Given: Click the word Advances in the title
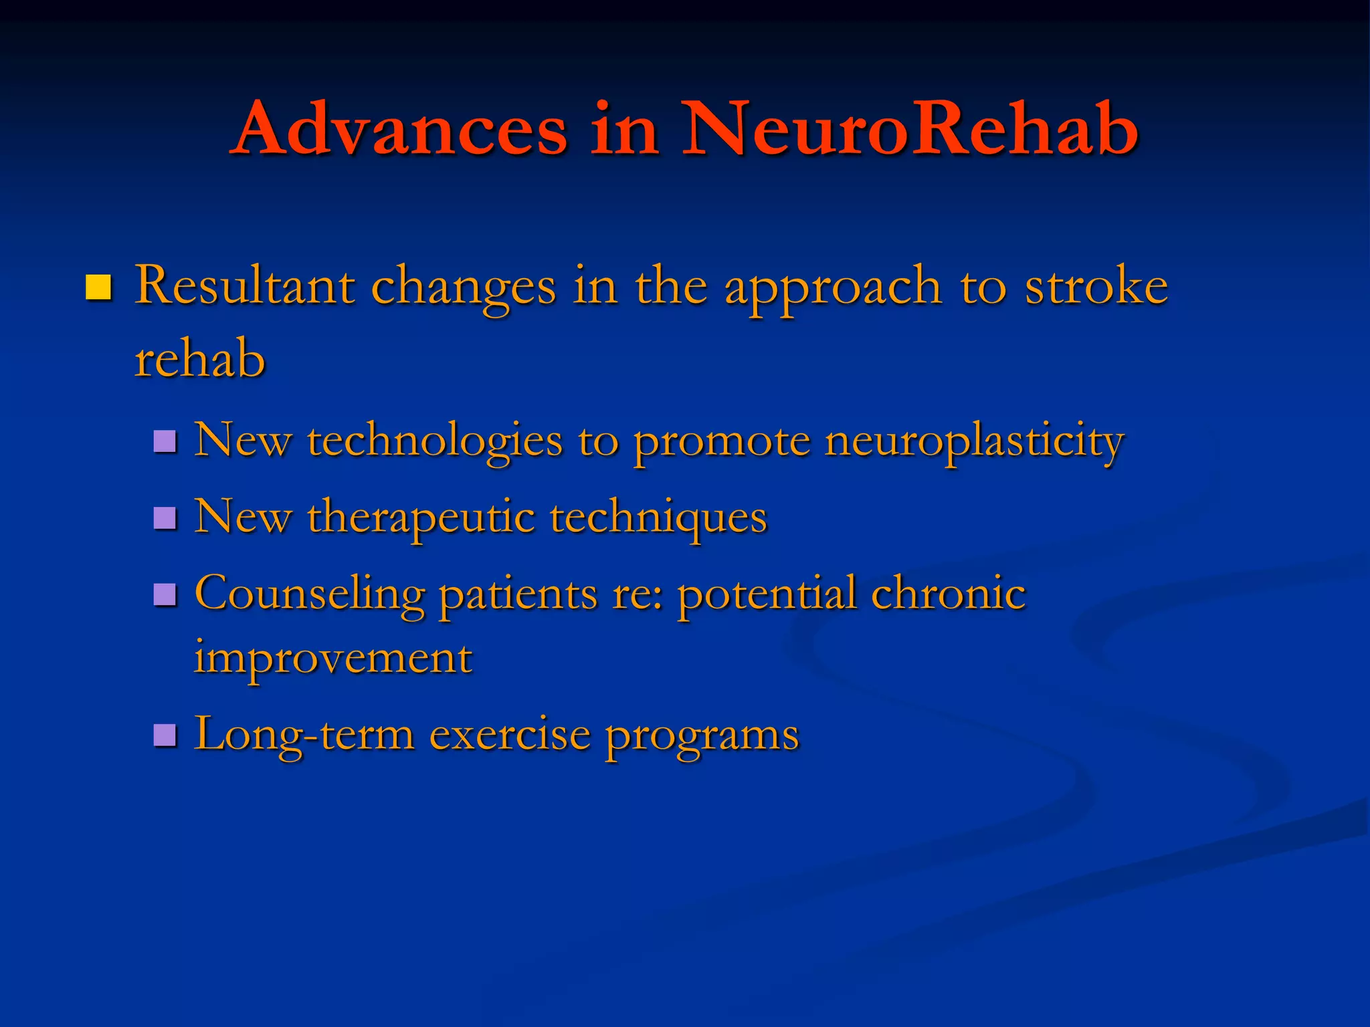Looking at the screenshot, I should tap(401, 128).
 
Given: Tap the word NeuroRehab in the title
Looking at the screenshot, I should tap(910, 128).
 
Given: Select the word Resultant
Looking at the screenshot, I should tap(244, 286).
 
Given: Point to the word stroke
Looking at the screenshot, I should tap(1096, 286).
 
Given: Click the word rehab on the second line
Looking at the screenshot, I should tap(199, 360).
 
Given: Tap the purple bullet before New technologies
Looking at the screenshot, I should tap(165, 442).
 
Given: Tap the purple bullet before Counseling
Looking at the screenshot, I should tap(165, 594).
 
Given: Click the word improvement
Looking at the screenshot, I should tap(333, 659).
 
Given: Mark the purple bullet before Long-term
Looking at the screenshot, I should tap(165, 735).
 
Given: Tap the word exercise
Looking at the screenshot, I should tap(510, 735).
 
